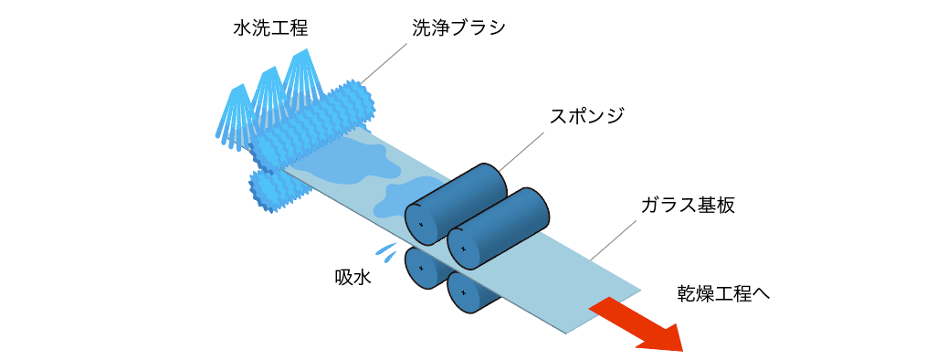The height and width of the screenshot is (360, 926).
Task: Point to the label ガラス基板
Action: (687, 205)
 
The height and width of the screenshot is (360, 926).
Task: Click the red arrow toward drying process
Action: (638, 324)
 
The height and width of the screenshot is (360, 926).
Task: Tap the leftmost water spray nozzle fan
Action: (234, 114)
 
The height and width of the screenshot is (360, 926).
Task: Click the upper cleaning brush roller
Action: (315, 123)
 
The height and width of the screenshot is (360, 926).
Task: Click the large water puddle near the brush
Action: (352, 163)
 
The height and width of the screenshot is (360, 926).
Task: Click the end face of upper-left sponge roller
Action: (420, 223)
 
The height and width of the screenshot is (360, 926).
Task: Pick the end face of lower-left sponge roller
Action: (421, 269)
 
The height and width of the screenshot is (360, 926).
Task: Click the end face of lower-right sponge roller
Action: (463, 292)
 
